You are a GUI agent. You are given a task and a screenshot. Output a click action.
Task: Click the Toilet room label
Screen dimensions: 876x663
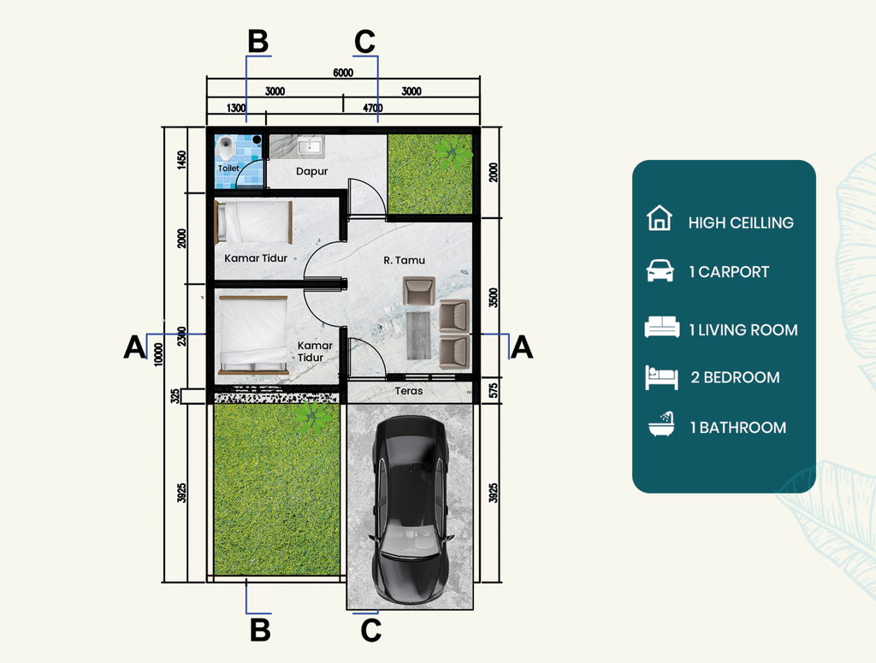pyautogui.click(x=228, y=169)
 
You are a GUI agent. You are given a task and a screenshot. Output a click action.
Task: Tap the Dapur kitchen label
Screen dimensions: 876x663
pyautogui.click(x=311, y=171)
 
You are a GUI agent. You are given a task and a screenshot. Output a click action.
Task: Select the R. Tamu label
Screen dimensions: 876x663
pyautogui.click(x=404, y=260)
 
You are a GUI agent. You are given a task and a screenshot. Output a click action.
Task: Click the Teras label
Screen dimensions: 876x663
pyautogui.click(x=408, y=391)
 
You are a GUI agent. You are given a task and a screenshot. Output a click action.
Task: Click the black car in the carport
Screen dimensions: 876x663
pyautogui.click(x=411, y=509)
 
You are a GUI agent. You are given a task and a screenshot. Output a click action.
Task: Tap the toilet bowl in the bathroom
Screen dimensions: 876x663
pyautogui.click(x=226, y=148)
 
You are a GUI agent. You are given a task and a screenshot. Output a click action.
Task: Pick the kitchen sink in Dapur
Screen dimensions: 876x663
pyautogui.click(x=308, y=146)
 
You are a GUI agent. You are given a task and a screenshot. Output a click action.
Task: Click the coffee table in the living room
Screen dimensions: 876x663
pyautogui.click(x=419, y=335)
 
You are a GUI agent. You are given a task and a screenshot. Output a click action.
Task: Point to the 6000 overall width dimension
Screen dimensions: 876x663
pyautogui.click(x=343, y=73)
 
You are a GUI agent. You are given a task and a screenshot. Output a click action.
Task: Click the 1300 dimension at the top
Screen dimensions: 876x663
pyautogui.click(x=236, y=108)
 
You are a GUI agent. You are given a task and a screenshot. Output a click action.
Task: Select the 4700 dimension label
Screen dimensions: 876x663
pyautogui.click(x=373, y=108)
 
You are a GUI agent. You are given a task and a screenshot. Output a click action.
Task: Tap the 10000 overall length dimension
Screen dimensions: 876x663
pyautogui.click(x=158, y=354)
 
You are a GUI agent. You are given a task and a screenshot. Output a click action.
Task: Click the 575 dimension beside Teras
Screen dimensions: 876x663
pyautogui.click(x=494, y=390)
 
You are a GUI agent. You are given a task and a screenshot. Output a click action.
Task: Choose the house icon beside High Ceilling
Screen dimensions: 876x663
pyautogui.click(x=660, y=218)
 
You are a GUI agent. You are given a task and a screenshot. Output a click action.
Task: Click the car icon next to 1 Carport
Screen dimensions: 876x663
pyautogui.click(x=660, y=270)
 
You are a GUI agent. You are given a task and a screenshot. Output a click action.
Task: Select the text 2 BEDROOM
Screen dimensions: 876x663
pyautogui.click(x=735, y=377)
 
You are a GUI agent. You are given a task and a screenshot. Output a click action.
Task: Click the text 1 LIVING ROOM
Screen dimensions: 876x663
pyautogui.click(x=743, y=330)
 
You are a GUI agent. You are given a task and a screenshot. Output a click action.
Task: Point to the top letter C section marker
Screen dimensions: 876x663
pyautogui.click(x=364, y=42)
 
